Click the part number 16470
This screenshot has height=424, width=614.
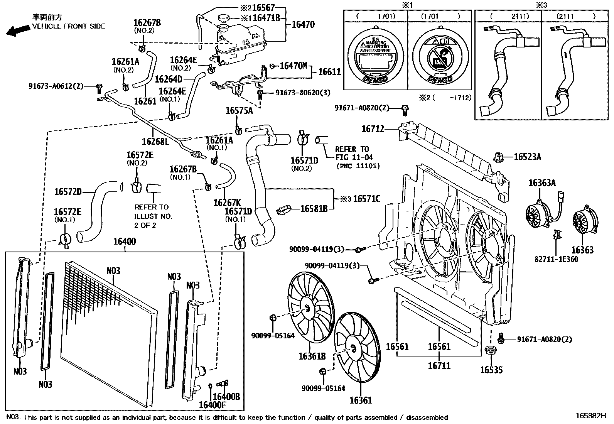click(x=303, y=25)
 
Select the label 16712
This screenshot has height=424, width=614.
click(x=373, y=129)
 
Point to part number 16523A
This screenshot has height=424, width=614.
click(x=527, y=157)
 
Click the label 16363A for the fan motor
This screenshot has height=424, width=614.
click(x=542, y=182)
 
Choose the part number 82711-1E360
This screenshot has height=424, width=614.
click(x=556, y=259)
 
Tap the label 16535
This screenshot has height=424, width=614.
click(x=491, y=370)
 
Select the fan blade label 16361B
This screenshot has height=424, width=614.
click(x=312, y=356)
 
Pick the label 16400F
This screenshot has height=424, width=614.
click(x=212, y=405)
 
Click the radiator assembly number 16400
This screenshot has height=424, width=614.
click(x=124, y=242)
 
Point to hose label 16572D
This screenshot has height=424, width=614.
click(x=68, y=192)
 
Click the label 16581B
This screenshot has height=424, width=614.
click(x=314, y=209)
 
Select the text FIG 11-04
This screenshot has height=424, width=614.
click(x=354, y=157)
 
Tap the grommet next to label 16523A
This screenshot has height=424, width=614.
click(x=499, y=157)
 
